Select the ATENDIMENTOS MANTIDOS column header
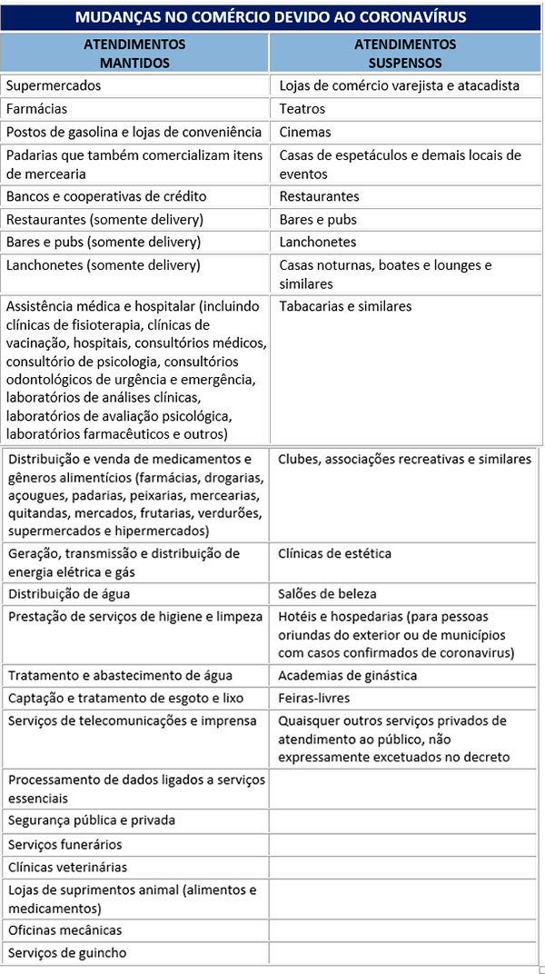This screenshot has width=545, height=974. pyautogui.click(x=134, y=54)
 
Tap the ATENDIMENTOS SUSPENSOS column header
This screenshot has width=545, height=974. pyautogui.click(x=405, y=54)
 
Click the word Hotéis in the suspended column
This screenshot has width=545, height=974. pyautogui.click(x=297, y=617)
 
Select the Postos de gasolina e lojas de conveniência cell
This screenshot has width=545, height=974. pyautogui.click(x=134, y=132)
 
